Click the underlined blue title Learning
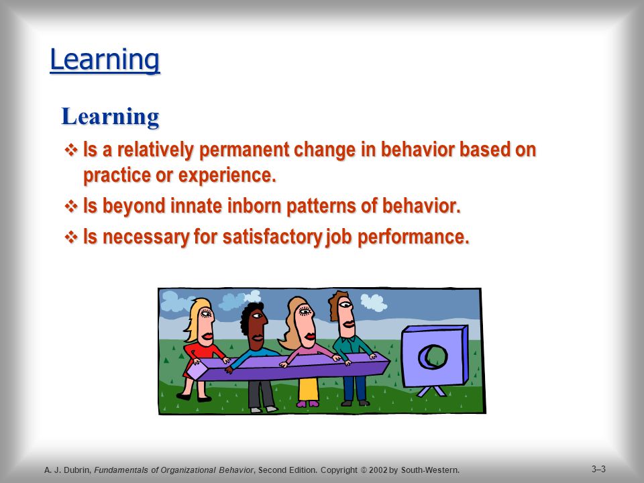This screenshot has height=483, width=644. tap(105, 60)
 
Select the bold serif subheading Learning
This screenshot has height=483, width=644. tap(110, 117)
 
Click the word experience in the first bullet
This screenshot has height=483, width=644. tap(227, 175)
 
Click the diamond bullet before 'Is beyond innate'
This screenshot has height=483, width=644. tap(71, 206)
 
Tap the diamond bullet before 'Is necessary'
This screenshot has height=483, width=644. tap(71, 237)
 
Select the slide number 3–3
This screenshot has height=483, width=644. tap(599, 469)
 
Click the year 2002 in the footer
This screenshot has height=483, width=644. tap(378, 470)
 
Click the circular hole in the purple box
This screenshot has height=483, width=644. tap(433, 356)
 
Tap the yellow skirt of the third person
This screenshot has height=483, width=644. tap(309, 389)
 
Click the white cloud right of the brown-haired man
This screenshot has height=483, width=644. tap(374, 303)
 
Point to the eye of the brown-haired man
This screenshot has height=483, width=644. tap(345, 305)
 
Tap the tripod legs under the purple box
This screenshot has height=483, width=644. tap(431, 391)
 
